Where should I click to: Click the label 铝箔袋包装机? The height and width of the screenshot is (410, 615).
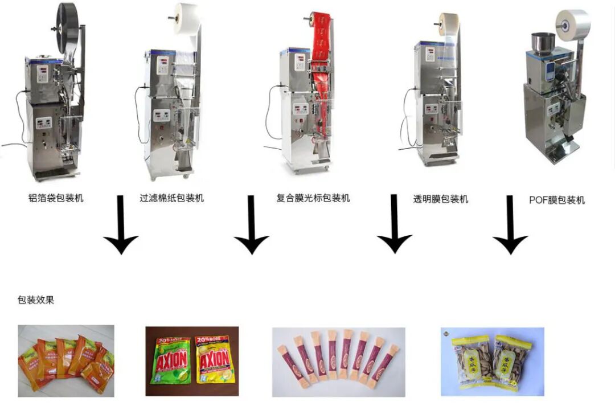[x=56, y=198]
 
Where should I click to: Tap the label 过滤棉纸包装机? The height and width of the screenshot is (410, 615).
[x=171, y=198]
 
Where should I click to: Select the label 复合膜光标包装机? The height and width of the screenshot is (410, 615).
[x=313, y=198]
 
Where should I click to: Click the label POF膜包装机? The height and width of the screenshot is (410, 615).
[x=556, y=200]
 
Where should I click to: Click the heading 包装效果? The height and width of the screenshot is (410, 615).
[x=36, y=300]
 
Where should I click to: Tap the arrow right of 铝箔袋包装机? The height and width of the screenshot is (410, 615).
[x=120, y=224]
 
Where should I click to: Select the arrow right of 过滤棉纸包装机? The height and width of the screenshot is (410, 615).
[x=251, y=224]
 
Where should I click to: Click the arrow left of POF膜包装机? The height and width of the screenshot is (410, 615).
[x=510, y=224]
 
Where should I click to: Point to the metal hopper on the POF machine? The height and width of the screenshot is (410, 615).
[x=543, y=42]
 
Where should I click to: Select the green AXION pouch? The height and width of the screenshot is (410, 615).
[x=170, y=360]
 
